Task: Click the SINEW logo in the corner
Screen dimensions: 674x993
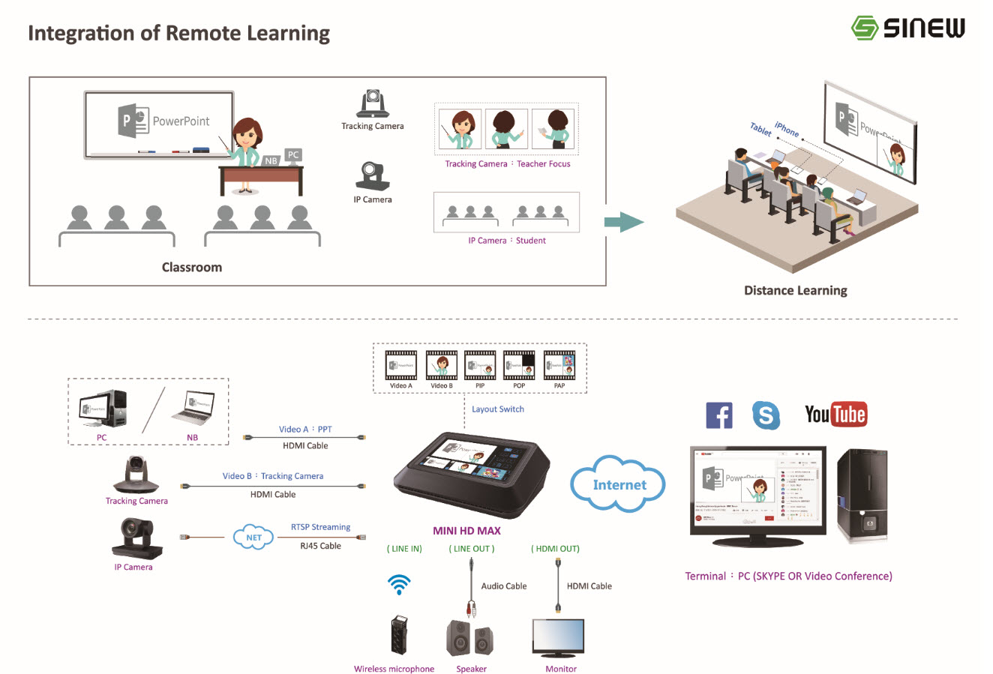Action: tap(907, 28)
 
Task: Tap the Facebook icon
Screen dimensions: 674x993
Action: tap(718, 415)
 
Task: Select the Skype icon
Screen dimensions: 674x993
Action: tap(766, 415)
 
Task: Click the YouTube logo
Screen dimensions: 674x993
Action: tap(835, 414)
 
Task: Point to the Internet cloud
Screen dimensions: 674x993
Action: tap(619, 484)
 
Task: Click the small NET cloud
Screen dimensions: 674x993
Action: tap(253, 537)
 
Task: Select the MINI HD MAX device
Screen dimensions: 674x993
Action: tap(469, 474)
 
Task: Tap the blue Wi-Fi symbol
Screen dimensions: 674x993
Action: tap(399, 584)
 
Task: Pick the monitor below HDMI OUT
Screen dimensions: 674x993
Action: tap(558, 637)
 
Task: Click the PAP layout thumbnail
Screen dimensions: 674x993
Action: tap(559, 365)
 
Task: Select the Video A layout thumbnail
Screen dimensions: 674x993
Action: tap(400, 365)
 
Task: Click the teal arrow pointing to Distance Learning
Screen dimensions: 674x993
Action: tap(623, 222)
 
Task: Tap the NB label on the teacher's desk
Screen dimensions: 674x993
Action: tap(271, 160)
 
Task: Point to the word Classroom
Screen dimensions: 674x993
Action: tap(192, 267)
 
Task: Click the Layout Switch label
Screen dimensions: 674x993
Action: tap(498, 409)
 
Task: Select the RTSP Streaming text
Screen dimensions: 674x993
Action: tap(320, 527)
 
